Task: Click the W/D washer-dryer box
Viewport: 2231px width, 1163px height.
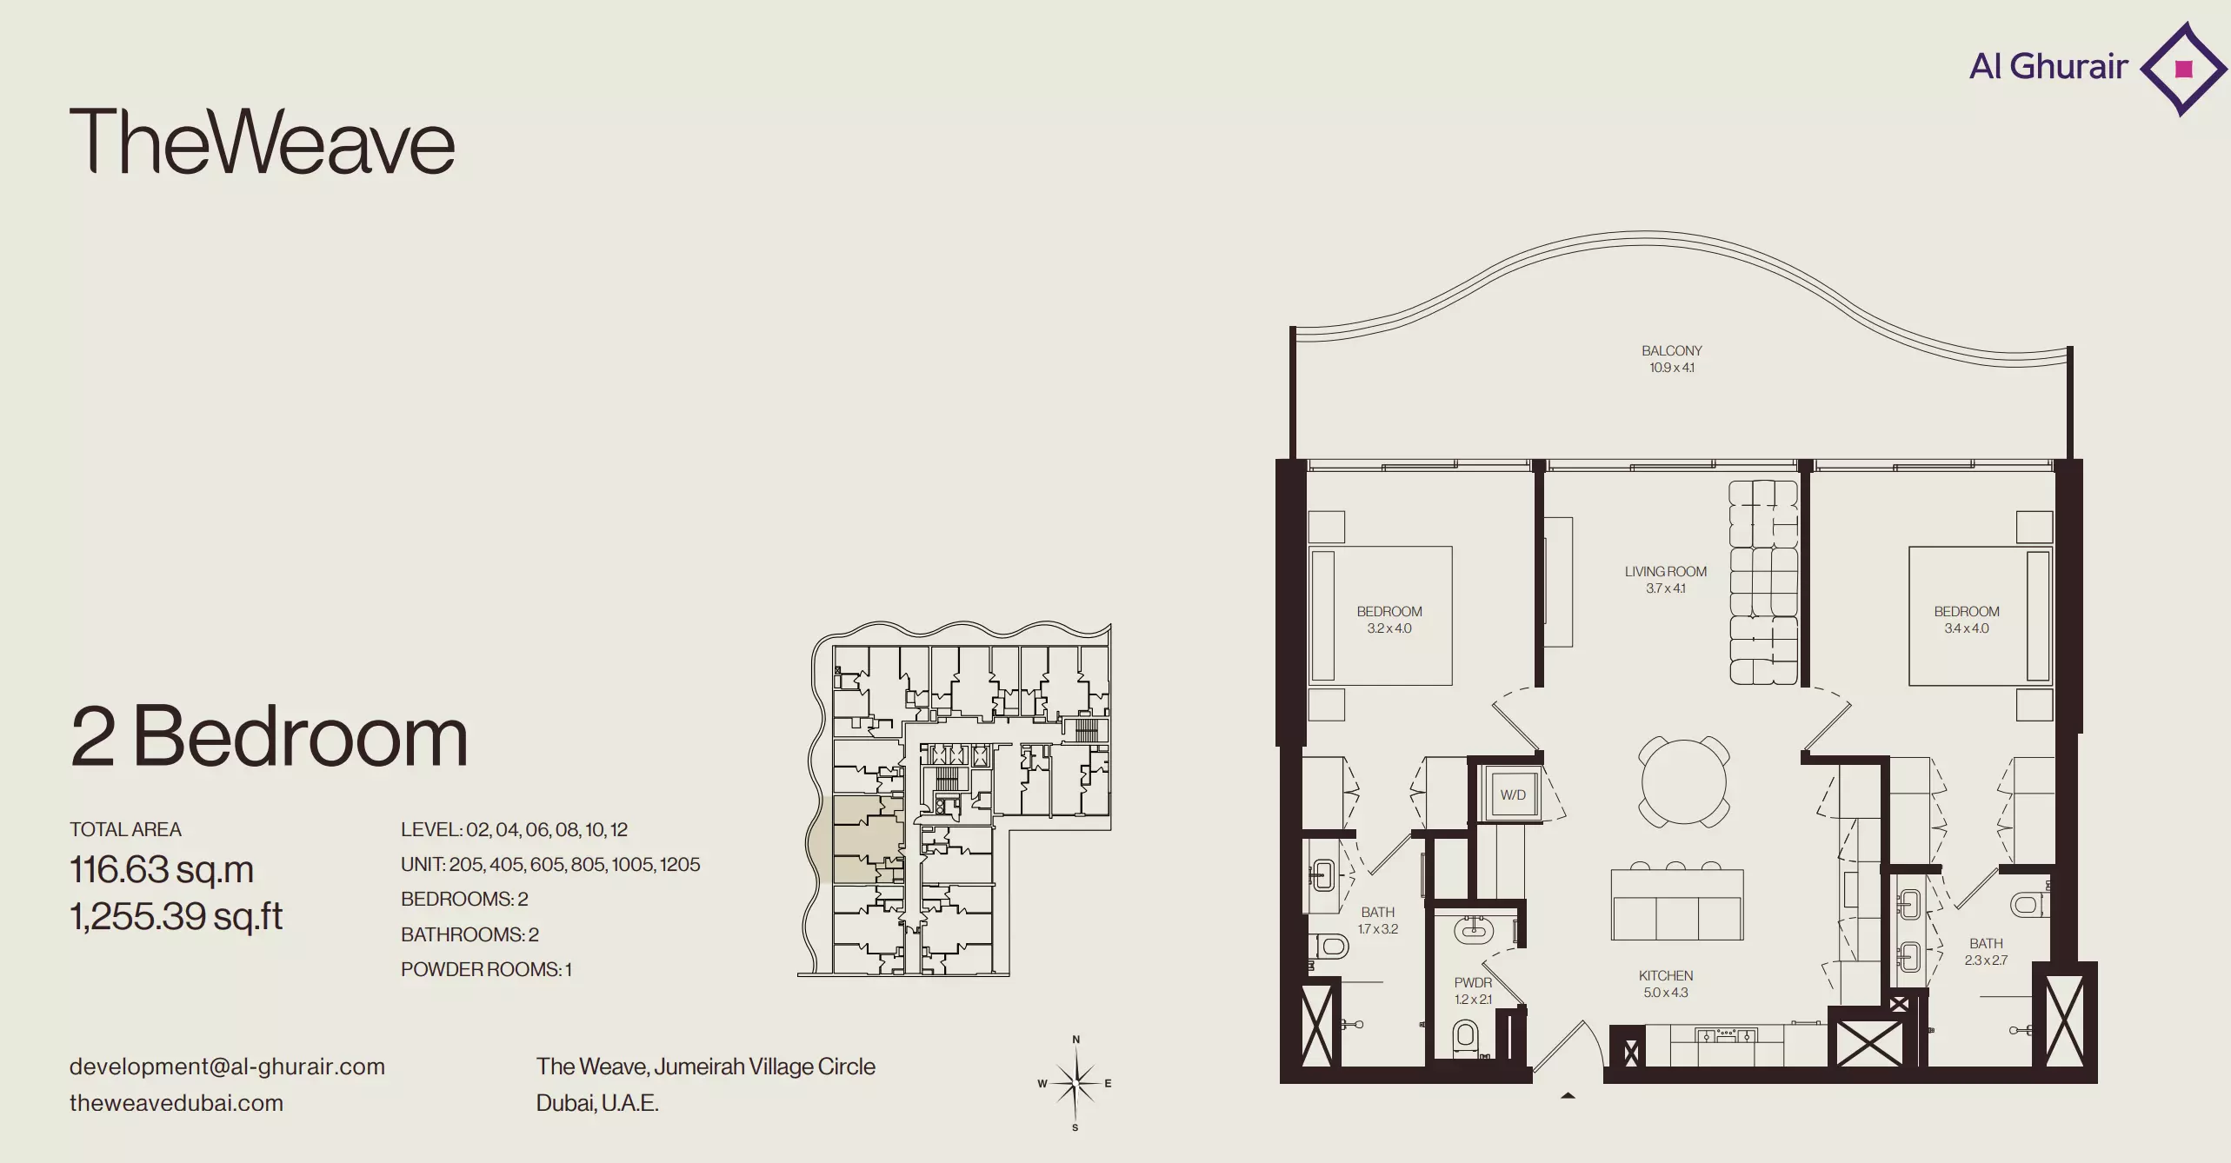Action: click(1512, 794)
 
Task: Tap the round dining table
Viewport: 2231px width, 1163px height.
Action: click(1684, 781)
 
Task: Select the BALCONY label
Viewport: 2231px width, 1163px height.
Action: click(1671, 350)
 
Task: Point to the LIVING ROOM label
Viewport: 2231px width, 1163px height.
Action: click(1665, 571)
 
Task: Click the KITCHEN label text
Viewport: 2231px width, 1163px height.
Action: click(1665, 975)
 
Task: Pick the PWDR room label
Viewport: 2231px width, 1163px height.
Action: click(1473, 982)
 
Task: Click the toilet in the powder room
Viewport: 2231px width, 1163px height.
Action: click(1466, 1037)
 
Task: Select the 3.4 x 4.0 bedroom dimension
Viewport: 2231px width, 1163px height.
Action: click(1966, 628)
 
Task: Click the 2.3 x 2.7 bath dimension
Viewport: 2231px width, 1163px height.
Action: click(1986, 960)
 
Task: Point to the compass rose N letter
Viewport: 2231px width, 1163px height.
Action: click(1076, 1040)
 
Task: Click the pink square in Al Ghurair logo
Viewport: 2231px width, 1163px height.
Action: click(2183, 69)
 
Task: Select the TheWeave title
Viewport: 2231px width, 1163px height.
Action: click(262, 141)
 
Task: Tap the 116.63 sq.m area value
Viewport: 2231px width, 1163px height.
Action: click(162, 869)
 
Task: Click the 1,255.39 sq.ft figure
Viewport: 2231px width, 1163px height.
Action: click(176, 916)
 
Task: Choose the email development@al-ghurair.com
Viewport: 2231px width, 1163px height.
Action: click(227, 1067)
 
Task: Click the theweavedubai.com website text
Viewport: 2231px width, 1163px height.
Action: click(176, 1103)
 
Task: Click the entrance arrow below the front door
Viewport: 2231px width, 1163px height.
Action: click(1568, 1095)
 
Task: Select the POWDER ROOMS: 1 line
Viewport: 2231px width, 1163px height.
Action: click(486, 969)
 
